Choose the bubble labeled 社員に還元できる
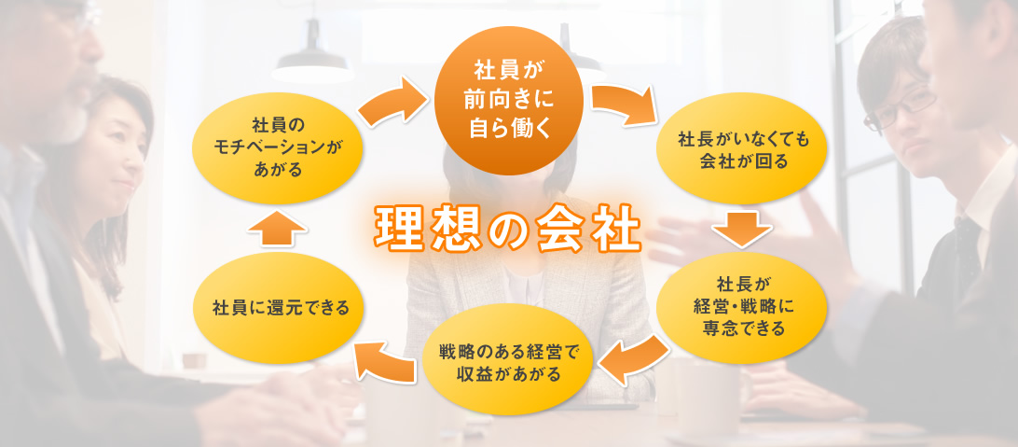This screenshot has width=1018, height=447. point(280,306)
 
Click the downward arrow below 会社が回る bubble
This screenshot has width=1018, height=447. point(743,229)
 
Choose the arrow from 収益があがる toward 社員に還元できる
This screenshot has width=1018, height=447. point(381,360)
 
